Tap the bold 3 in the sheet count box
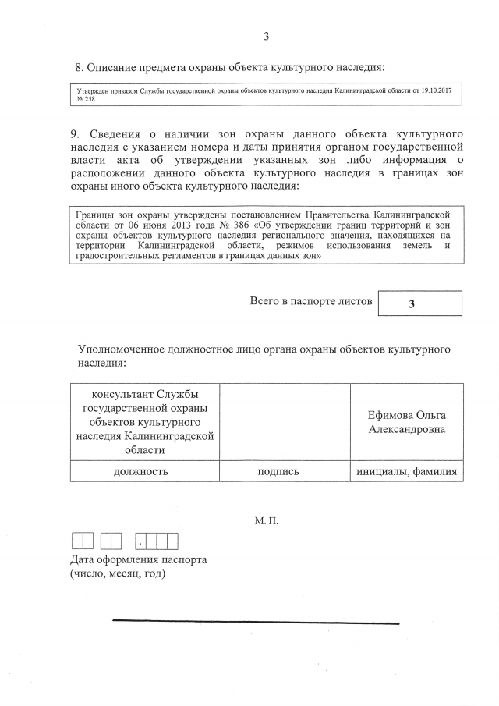pyautogui.click(x=420, y=304)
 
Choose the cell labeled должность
pyautogui.click(x=140, y=471)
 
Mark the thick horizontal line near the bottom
pyautogui.click(x=256, y=622)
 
